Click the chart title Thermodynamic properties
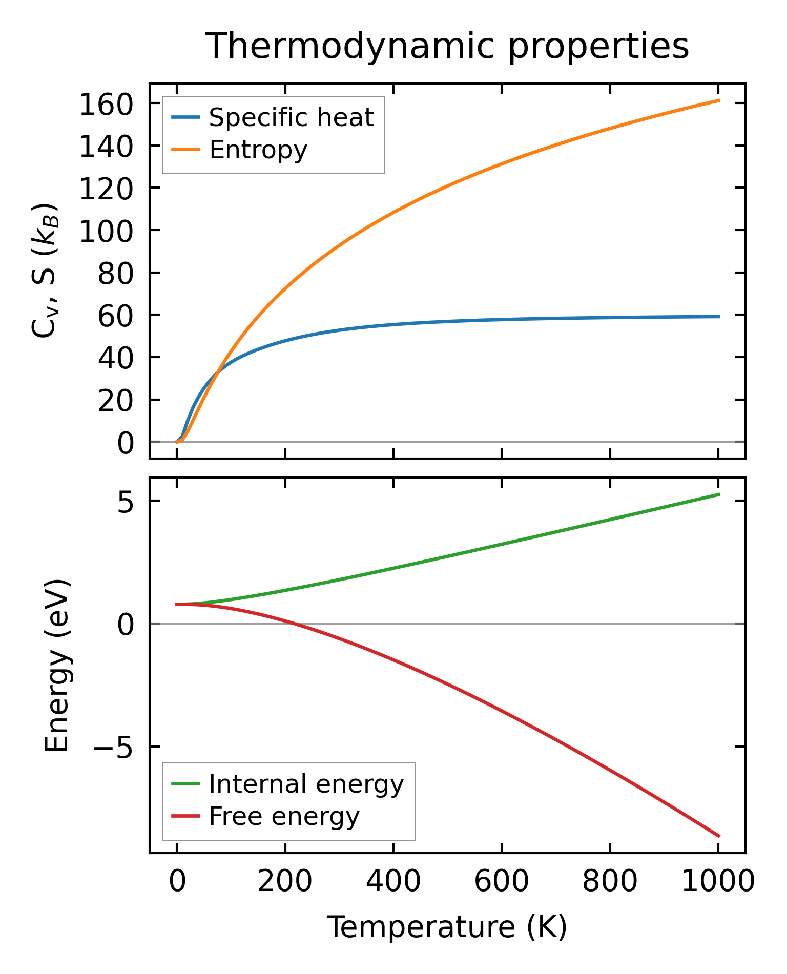pyautogui.click(x=447, y=46)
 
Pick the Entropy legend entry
pyautogui.click(x=258, y=150)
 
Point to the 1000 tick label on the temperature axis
pyautogui.click(x=718, y=882)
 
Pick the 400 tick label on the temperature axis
pyautogui.click(x=393, y=882)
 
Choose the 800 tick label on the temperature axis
pyautogui.click(x=610, y=882)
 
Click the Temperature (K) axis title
pyautogui.click(x=447, y=927)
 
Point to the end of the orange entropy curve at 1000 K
pyautogui.click(x=719, y=100)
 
